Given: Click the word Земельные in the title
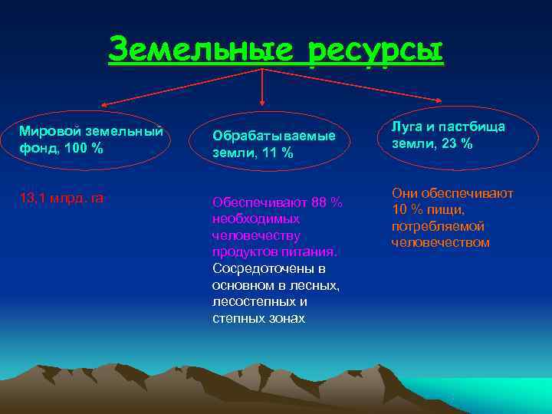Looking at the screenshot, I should (201, 51).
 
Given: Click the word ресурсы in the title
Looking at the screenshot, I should (375, 51).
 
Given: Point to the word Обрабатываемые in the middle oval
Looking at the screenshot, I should (274, 136).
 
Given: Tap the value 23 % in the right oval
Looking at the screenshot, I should (458, 143).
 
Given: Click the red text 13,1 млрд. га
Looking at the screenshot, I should (61, 199).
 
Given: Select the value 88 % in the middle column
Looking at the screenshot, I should (327, 202).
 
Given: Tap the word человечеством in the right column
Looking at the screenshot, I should (440, 242).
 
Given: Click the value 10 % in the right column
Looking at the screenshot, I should (409, 209).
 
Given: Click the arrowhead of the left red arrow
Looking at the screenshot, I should (101, 105).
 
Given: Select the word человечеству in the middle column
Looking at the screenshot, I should (256, 235).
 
